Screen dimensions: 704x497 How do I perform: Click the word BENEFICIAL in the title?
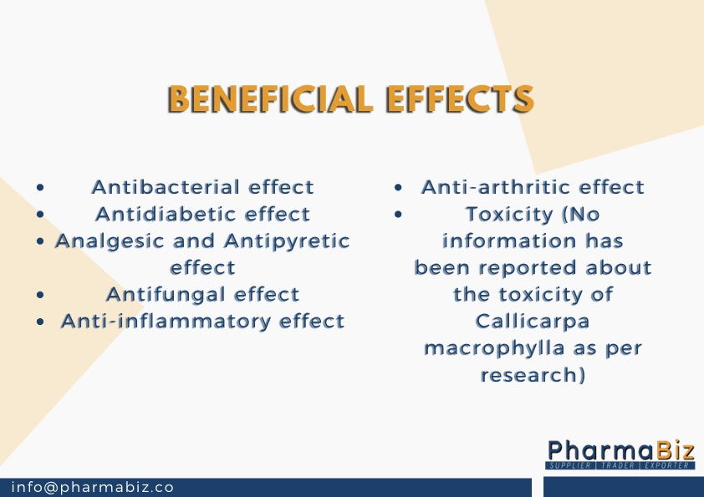pos(270,99)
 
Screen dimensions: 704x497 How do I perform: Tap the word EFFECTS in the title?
pos(460,99)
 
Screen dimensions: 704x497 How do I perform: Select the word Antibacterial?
pos(166,187)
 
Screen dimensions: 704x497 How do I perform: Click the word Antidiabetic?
pos(166,214)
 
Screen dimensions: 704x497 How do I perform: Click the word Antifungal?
pos(166,295)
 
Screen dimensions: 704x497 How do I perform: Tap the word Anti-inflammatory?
pos(166,321)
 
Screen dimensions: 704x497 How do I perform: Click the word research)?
pos(533,375)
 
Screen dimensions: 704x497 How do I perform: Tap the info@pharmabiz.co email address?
pos(93,487)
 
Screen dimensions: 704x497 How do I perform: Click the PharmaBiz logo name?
pos(621,450)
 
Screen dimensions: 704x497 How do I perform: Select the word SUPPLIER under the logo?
pos(570,465)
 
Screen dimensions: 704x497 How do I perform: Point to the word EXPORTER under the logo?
pos(666,465)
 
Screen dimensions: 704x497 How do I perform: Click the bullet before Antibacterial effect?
pos(40,187)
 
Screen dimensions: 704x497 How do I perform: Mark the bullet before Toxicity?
pos(398,215)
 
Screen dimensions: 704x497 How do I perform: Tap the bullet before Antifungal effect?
pos(40,295)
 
